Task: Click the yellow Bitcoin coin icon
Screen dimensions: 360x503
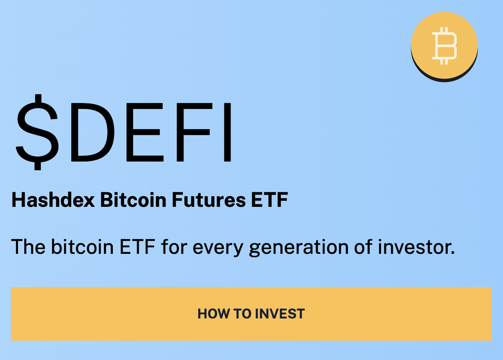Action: [444, 45]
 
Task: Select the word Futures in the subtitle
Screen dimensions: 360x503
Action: [209, 200]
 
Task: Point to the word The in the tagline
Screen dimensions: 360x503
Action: [28, 247]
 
